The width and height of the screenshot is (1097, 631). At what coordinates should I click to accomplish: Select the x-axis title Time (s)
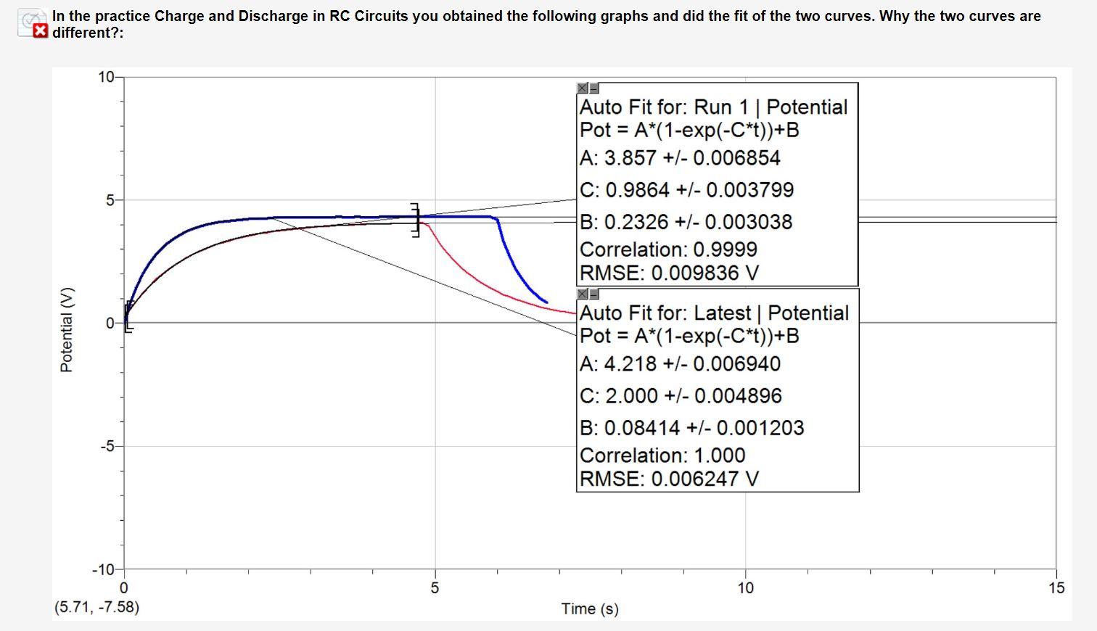(589, 609)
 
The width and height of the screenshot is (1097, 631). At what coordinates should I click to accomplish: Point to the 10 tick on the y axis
(105, 77)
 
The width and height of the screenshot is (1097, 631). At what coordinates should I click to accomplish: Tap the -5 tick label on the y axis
(107, 446)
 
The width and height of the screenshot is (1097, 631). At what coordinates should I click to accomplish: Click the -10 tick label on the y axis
(104, 569)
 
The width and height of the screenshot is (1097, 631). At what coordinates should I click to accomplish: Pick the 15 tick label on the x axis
(1056, 588)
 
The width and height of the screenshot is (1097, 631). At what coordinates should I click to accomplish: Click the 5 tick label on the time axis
(435, 588)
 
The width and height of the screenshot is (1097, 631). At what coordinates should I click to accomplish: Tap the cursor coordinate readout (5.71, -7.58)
(96, 606)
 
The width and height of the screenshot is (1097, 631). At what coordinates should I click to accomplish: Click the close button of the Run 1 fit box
(583, 88)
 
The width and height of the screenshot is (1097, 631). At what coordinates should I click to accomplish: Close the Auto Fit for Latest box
(583, 294)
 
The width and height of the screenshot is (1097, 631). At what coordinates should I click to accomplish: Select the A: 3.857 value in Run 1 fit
(680, 158)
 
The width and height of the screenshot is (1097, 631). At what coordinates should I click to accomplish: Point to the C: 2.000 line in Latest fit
(681, 396)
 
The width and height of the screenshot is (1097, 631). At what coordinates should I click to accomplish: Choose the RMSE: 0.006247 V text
(668, 479)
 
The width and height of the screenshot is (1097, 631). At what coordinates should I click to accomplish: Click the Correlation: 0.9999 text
(668, 249)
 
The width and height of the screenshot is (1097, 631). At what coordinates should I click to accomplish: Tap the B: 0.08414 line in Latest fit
(691, 428)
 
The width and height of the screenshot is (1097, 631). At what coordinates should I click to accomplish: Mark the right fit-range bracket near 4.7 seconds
(416, 220)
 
